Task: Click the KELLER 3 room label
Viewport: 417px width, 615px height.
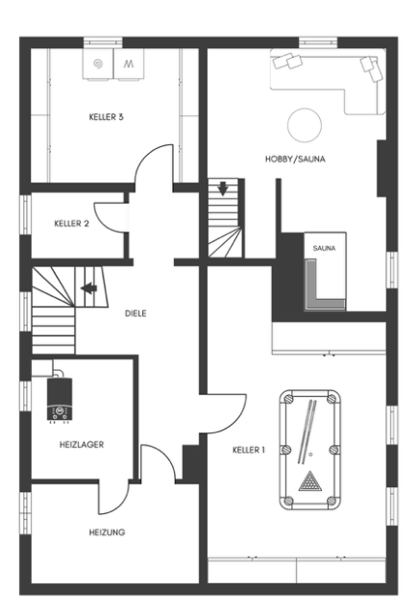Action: [106, 117]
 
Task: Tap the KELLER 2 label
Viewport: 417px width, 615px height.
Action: [71, 224]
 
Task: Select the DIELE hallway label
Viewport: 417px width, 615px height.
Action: [135, 313]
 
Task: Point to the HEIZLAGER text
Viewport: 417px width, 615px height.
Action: [82, 444]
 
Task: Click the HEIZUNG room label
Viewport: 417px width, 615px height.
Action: [107, 532]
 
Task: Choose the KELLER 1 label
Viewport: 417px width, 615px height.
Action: [248, 450]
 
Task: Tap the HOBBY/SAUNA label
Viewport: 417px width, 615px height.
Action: [295, 159]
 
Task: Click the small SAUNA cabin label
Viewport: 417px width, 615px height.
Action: [324, 248]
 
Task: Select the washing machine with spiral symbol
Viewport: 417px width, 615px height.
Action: [98, 64]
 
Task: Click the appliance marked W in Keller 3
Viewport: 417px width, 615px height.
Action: [129, 64]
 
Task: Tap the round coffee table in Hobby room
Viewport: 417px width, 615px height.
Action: [305, 125]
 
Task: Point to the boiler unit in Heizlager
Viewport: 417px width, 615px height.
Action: [60, 399]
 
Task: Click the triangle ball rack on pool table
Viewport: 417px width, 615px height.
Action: [310, 481]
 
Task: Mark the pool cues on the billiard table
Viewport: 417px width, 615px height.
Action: [307, 431]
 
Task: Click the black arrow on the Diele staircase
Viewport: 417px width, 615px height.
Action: [89, 288]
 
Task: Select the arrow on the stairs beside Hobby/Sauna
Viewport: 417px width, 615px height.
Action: [223, 188]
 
